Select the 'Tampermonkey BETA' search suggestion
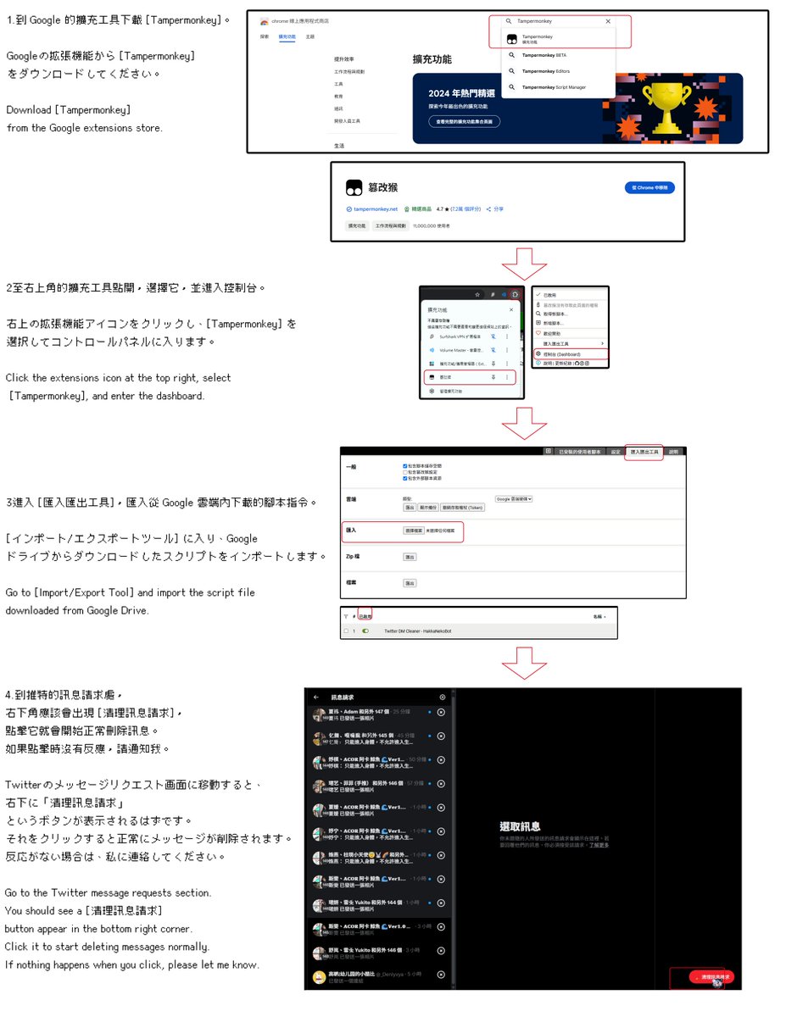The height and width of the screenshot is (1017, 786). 544,55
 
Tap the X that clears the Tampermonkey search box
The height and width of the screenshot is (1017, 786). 608,21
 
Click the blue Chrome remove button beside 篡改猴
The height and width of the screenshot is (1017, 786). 649,187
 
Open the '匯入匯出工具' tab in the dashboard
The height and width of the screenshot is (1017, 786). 644,452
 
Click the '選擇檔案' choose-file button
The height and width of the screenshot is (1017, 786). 413,530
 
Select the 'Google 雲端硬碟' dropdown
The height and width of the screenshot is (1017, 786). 513,499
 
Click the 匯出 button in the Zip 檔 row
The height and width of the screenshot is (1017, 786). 410,557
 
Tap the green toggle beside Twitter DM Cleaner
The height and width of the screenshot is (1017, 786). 366,631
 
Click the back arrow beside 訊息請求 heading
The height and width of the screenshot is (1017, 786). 316,697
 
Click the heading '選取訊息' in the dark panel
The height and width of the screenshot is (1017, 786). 520,826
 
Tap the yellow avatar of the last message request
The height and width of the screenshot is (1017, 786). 319,977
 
